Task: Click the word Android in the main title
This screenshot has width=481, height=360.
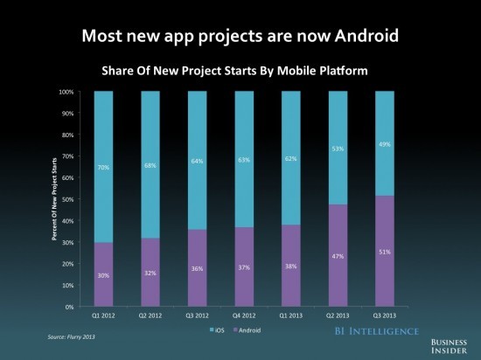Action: (x=366, y=36)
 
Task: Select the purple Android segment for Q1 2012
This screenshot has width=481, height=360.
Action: (x=103, y=274)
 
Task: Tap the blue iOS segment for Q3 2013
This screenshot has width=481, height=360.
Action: (x=385, y=143)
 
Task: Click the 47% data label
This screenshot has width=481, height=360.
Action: (x=338, y=256)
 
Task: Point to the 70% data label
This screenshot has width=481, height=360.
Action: (x=103, y=167)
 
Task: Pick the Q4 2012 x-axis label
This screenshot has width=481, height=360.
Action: (x=244, y=315)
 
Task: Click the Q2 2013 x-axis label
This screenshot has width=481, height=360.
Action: (x=338, y=315)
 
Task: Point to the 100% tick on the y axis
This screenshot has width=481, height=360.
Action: (x=66, y=92)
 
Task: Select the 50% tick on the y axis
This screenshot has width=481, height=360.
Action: (x=67, y=199)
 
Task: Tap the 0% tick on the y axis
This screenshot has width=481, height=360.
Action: (x=69, y=307)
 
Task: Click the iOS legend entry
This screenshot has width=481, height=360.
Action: (x=217, y=330)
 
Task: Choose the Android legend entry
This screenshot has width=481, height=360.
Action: (x=247, y=330)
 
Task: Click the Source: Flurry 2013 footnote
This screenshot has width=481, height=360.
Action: (x=71, y=337)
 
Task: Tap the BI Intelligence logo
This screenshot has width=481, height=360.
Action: (x=377, y=331)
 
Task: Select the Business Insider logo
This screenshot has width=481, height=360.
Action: (x=449, y=346)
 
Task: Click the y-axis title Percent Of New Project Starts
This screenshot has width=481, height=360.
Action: (x=54, y=199)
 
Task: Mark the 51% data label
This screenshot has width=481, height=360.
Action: (x=385, y=252)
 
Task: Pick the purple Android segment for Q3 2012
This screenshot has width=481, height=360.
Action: (x=198, y=268)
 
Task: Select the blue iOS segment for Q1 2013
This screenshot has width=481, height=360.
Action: (x=291, y=158)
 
